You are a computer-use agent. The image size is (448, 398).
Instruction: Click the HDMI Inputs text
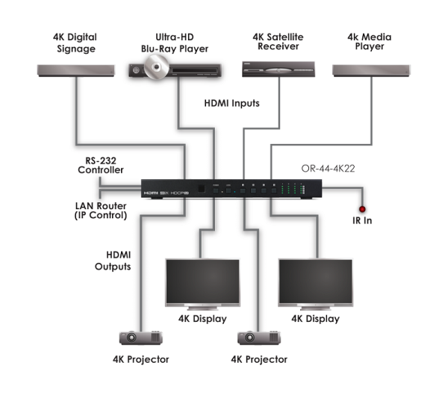[x=231, y=104]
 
